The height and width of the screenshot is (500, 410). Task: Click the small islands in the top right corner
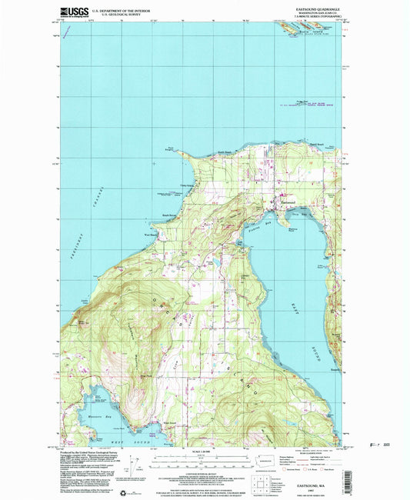(x=304, y=26)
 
